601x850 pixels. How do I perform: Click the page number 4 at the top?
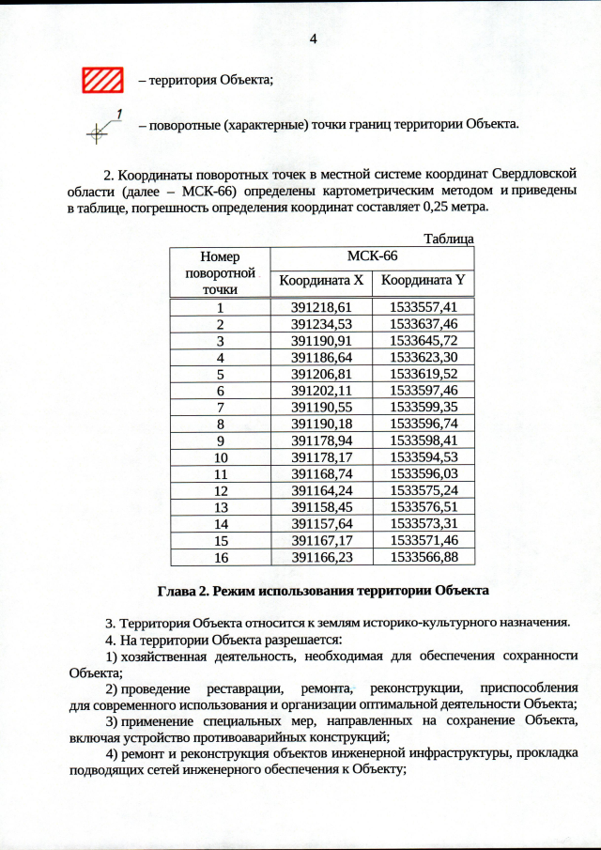(314, 39)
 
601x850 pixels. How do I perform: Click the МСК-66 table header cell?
(372, 256)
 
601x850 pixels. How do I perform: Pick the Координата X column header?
(320, 280)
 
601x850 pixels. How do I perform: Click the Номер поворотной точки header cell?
(220, 272)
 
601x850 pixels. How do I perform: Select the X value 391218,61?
(320, 307)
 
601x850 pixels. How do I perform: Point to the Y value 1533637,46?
(424, 324)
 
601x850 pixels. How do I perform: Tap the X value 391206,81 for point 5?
(320, 374)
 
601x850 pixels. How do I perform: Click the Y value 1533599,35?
(424, 408)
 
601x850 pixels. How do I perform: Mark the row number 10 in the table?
(220, 457)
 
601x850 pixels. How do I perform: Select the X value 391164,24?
(320, 490)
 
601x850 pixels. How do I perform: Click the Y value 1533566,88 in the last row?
(424, 557)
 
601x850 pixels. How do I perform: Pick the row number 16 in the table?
(220, 557)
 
